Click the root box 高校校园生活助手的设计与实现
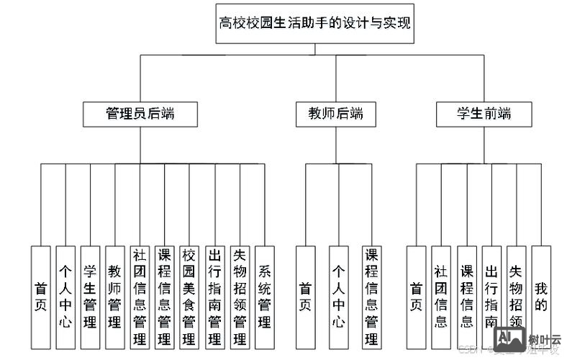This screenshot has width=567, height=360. tap(315, 22)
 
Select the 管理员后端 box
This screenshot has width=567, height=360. tap(140, 114)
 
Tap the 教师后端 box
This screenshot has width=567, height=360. tap(335, 114)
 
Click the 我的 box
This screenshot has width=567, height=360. tap(540, 295)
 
